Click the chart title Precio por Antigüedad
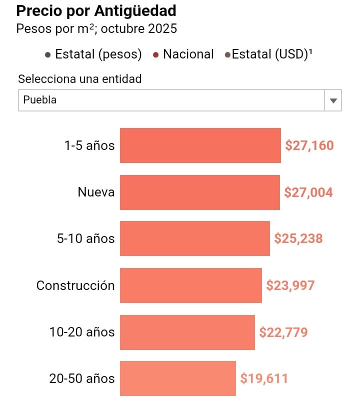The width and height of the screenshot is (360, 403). coord(96,10)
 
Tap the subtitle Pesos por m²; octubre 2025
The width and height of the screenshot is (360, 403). coord(96,28)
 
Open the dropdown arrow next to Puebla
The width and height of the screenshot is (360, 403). coord(333,100)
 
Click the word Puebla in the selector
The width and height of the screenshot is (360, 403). coord(40,100)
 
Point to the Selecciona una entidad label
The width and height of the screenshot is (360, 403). coord(80,79)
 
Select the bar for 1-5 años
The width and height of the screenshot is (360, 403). coord(200,145)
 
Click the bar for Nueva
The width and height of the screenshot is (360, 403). coord(199,192)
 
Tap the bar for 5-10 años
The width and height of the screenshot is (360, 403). coord(194,238)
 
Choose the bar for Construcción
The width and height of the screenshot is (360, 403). coord(190,285)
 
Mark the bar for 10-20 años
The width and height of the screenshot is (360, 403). coord(187,332)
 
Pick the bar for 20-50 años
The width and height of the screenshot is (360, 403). coord(177,378)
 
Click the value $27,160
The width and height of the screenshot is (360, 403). coord(309,145)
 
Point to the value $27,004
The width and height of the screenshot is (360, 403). coord(308,192)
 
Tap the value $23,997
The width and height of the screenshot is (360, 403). coord(290,285)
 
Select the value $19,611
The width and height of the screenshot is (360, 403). coord(264,378)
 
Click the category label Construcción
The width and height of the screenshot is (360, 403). coord(75,285)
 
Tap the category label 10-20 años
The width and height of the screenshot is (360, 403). coord(82,332)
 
